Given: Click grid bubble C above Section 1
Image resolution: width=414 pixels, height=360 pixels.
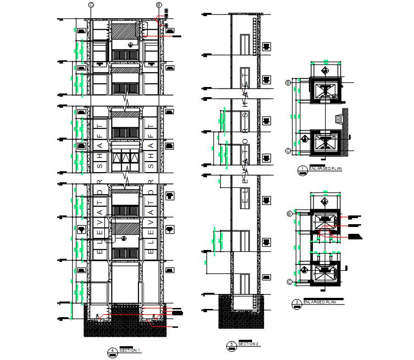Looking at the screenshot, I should pyautogui.click(x=91, y=5).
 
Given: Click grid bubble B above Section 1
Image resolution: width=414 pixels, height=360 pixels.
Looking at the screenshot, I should pyautogui.click(x=159, y=5).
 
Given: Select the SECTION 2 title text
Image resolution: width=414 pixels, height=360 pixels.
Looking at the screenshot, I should pyautogui.click(x=249, y=344).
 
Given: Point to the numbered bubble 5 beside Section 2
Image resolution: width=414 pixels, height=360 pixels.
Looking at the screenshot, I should pyautogui.click(x=232, y=344).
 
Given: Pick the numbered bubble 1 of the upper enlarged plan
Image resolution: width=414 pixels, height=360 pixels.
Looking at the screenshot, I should pyautogui.click(x=302, y=169).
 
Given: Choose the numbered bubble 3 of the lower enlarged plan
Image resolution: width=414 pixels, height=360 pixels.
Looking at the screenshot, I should pyautogui.click(x=297, y=302).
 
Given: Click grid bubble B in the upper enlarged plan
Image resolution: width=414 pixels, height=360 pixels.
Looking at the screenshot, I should pyautogui.click(x=288, y=82).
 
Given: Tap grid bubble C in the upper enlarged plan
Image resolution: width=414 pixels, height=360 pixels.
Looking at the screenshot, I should pyautogui.click(x=288, y=151).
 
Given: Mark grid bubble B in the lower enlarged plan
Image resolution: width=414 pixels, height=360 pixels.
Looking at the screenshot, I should pyautogui.click(x=289, y=214).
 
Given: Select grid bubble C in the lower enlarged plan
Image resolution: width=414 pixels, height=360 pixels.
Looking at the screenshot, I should pyautogui.click(x=289, y=282).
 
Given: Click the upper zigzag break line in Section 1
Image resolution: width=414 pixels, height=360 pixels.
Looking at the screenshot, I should pyautogui.click(x=126, y=99).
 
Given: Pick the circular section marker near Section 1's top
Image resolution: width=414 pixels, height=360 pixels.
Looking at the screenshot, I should pyautogui.click(x=131, y=45).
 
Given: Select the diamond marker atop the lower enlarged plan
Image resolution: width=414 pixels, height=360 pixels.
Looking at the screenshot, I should pyautogui.click(x=325, y=202).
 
